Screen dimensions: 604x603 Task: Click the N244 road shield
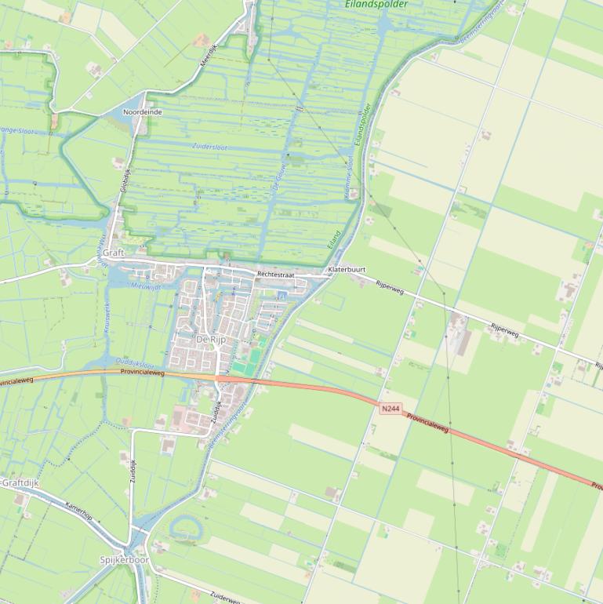390,409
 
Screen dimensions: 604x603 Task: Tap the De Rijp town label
211,339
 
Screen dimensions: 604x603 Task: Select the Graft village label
114,253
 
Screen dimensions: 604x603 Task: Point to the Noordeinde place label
143,112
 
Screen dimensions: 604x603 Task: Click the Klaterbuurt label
347,269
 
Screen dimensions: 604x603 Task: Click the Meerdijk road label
207,56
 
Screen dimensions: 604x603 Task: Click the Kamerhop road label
78,511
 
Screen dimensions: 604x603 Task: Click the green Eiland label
335,238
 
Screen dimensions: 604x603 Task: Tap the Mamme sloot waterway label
349,176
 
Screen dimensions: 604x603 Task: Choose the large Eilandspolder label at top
376,5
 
